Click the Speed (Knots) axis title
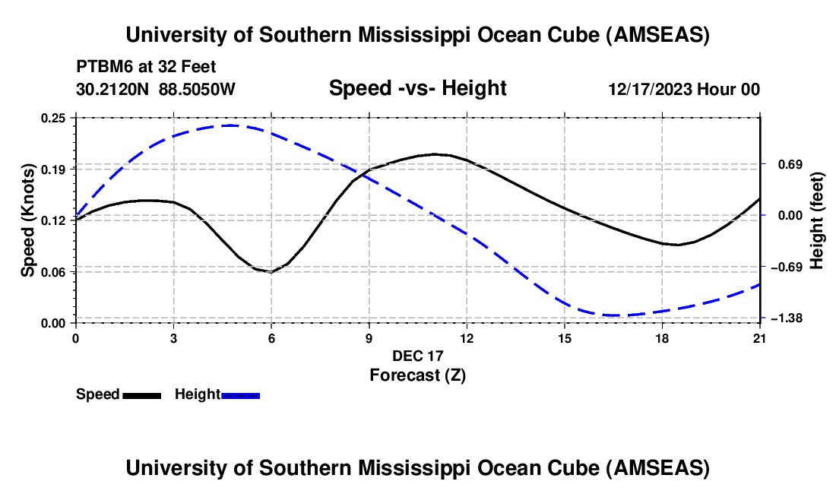(x=28, y=220)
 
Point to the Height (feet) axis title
(x=818, y=220)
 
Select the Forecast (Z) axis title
(x=417, y=375)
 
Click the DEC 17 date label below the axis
(x=417, y=356)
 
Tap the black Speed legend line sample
(x=141, y=394)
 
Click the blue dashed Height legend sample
(x=241, y=394)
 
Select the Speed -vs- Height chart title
(x=417, y=89)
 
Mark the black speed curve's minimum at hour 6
(x=271, y=271)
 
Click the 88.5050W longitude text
(x=197, y=90)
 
